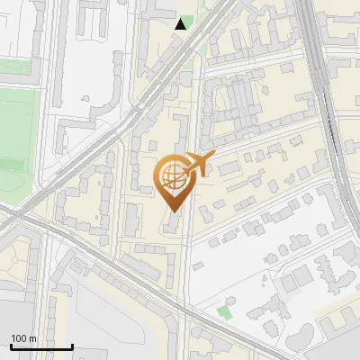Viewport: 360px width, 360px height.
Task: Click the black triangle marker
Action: click(x=181, y=24)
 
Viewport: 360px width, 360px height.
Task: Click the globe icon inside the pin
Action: click(x=173, y=176)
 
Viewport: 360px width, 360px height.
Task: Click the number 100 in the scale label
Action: click(x=18, y=338)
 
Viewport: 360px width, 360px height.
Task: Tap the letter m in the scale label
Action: click(x=32, y=338)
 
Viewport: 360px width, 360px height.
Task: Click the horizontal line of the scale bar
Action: click(x=41, y=346)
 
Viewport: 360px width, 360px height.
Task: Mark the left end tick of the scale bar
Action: click(x=11, y=346)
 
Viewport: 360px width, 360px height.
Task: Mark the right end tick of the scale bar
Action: click(x=72, y=346)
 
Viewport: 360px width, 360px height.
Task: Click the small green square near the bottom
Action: click(x=224, y=312)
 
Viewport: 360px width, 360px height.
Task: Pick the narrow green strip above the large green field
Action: click(x=18, y=67)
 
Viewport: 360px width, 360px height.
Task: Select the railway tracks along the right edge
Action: click(x=335, y=117)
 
